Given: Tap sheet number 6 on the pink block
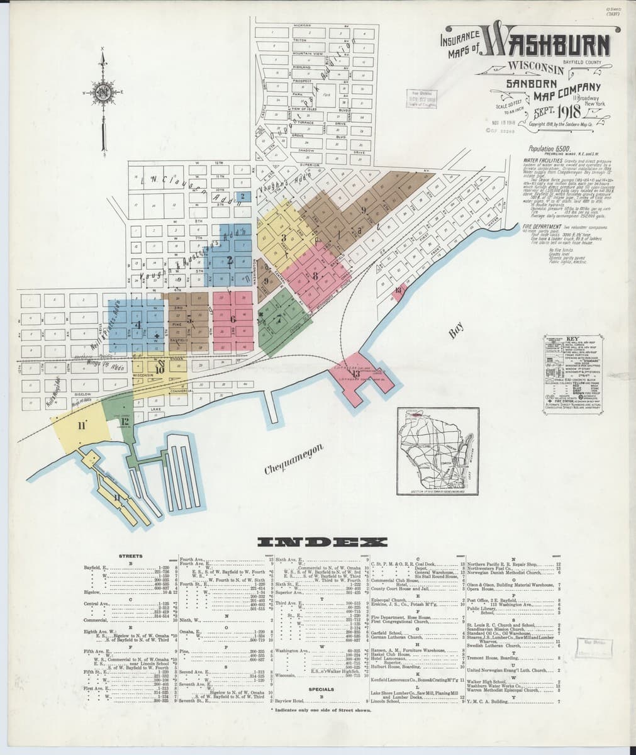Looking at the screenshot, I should (x=233, y=319).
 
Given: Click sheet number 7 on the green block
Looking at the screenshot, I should (x=277, y=319).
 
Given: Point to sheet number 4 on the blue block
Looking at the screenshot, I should (x=137, y=325).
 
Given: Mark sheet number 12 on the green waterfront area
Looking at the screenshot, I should (x=125, y=421).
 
